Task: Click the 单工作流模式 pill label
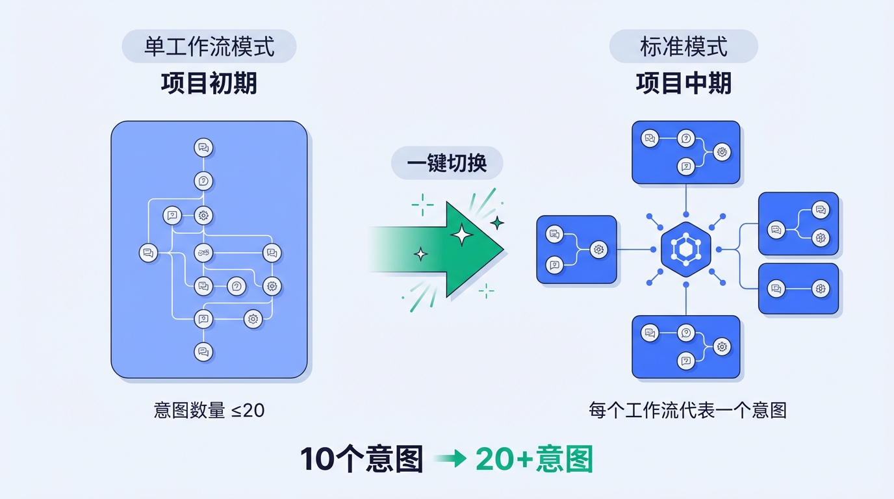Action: coord(209,47)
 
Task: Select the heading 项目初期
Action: coord(209,84)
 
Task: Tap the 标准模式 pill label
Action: coord(683,47)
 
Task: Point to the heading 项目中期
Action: coord(683,84)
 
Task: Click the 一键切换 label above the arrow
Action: coord(447,162)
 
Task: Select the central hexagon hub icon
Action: coord(685,249)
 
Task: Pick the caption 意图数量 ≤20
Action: coord(209,411)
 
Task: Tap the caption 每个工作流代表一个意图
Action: coord(687,411)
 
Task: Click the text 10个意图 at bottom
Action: coord(361,459)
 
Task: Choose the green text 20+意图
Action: coord(534,459)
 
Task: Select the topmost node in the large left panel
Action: coord(203,148)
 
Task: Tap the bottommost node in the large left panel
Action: coord(203,352)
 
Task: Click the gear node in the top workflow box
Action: coord(722,153)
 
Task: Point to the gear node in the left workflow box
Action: coord(598,249)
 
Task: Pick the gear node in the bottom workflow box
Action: coord(722,347)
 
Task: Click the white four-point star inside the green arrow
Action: coord(462,235)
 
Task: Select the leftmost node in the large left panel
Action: coord(148,253)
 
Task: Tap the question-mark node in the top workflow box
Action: coord(685,138)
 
